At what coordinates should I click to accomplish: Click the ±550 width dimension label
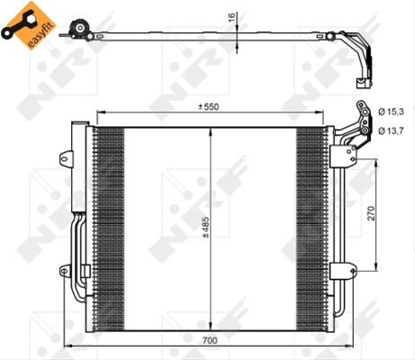click(208, 106)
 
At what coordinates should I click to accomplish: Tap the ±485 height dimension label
click(206, 227)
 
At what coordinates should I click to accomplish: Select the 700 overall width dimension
click(210, 341)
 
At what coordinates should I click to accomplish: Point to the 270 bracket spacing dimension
click(372, 213)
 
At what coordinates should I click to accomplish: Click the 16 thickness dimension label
click(231, 17)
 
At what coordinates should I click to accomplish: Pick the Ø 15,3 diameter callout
click(391, 112)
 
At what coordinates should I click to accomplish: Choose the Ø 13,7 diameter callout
click(391, 130)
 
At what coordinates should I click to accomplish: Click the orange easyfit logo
click(29, 25)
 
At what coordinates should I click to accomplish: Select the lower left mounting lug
click(65, 271)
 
